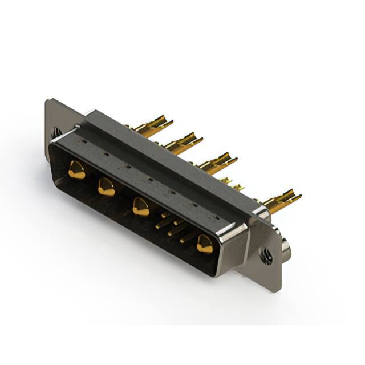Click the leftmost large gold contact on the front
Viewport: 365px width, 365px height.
[76, 170]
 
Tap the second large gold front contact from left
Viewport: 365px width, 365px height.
[106, 187]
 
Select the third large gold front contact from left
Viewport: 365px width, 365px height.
[140, 206]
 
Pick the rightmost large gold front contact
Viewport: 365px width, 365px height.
[204, 244]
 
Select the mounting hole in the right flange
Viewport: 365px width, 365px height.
[266, 256]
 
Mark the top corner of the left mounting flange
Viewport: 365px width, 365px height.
[49, 101]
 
